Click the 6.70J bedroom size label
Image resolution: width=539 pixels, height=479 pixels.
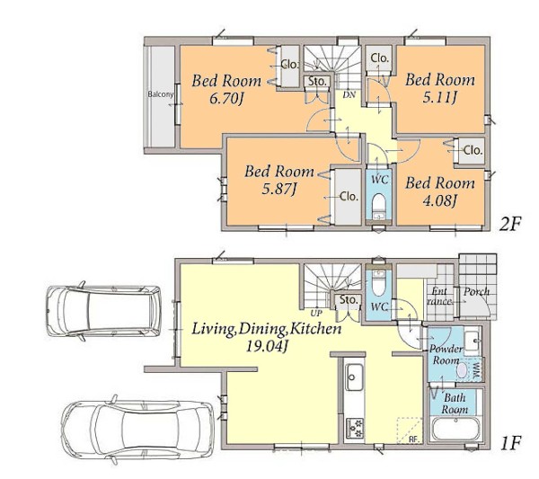pos(226,100)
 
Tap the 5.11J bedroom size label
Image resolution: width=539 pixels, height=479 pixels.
pos(439,98)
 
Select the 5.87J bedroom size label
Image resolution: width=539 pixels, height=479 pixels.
pos(279,190)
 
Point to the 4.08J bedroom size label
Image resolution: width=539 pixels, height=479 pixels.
pos(439,201)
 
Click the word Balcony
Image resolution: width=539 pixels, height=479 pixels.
pos(161,93)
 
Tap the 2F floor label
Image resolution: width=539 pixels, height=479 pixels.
pos(510,224)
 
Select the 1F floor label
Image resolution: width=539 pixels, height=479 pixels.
pos(511,443)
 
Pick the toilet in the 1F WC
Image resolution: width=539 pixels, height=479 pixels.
pos(378,283)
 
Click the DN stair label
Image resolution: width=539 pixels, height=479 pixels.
pos(349,94)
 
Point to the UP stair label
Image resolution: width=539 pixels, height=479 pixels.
pos(316,314)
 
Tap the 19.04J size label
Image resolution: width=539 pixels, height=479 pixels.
pos(267,347)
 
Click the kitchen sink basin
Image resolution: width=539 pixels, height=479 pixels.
pos(355,377)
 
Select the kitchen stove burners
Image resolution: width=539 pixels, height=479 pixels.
pos(355,428)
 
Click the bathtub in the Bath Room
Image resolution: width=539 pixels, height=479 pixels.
pos(455,429)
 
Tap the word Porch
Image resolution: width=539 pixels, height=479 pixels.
pos(476,292)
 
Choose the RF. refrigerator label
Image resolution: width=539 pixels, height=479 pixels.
pos(415,439)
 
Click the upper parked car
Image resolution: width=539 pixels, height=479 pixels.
pos(103,311)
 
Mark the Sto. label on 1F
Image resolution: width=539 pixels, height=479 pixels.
pos(349,300)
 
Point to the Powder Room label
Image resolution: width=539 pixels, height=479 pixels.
pos(446,354)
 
